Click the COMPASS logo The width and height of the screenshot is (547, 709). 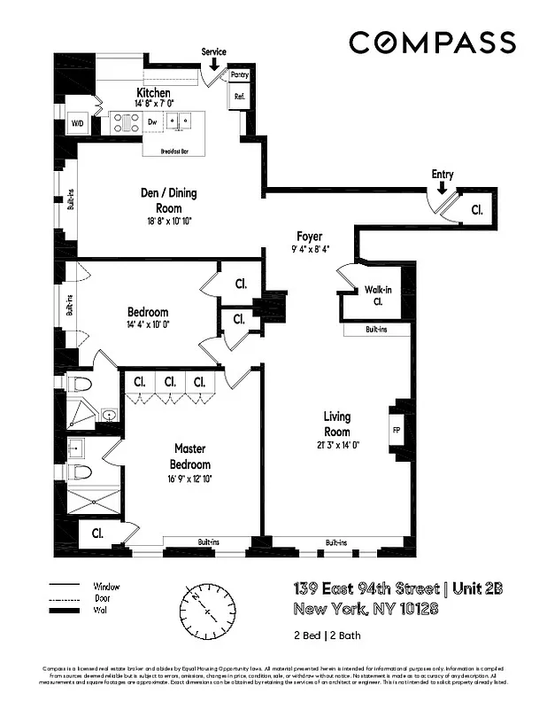pos(432,42)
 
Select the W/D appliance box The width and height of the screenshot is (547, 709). pos(78,125)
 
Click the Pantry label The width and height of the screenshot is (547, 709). pos(239,76)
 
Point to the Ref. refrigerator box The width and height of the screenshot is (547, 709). pos(239,96)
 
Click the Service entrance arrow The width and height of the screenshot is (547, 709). pos(214,64)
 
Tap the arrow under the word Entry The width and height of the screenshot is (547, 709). pos(442,187)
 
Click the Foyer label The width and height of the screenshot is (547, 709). pos(309,237)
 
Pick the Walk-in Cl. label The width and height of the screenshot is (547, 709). pos(377,295)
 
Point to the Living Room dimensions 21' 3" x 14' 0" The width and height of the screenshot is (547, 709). pos(336,446)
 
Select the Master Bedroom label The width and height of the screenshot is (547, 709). pos(191,456)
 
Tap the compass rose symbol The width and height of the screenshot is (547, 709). pos(211,611)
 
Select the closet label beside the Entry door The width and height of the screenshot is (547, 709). pos(476,210)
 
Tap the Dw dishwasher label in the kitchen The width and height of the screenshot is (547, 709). pos(152,122)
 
